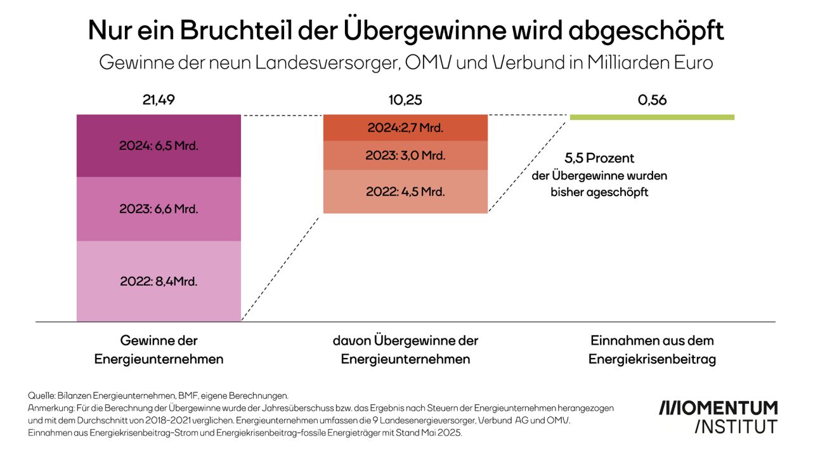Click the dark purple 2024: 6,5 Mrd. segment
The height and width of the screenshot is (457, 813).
[159, 146]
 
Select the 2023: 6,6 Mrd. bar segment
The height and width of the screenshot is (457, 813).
[159, 209]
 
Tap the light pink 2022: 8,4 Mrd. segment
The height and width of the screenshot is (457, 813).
[159, 281]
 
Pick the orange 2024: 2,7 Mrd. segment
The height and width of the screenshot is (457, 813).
[405, 128]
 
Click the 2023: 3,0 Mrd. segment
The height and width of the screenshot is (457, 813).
[405, 156]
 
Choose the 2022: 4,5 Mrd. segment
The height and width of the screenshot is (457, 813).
[405, 191]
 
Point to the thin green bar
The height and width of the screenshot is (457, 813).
[652, 117]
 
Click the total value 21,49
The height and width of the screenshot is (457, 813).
[159, 100]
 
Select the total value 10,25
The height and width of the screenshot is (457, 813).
[405, 100]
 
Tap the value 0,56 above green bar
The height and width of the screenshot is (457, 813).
[652, 100]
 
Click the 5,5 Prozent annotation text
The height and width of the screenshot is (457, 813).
[599, 159]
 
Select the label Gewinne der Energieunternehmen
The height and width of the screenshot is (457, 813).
[159, 350]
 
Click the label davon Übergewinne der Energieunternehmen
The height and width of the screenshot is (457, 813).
[405, 350]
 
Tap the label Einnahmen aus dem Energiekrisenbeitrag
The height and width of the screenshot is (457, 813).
[652, 350]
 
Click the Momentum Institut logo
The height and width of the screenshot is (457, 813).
[718, 416]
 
